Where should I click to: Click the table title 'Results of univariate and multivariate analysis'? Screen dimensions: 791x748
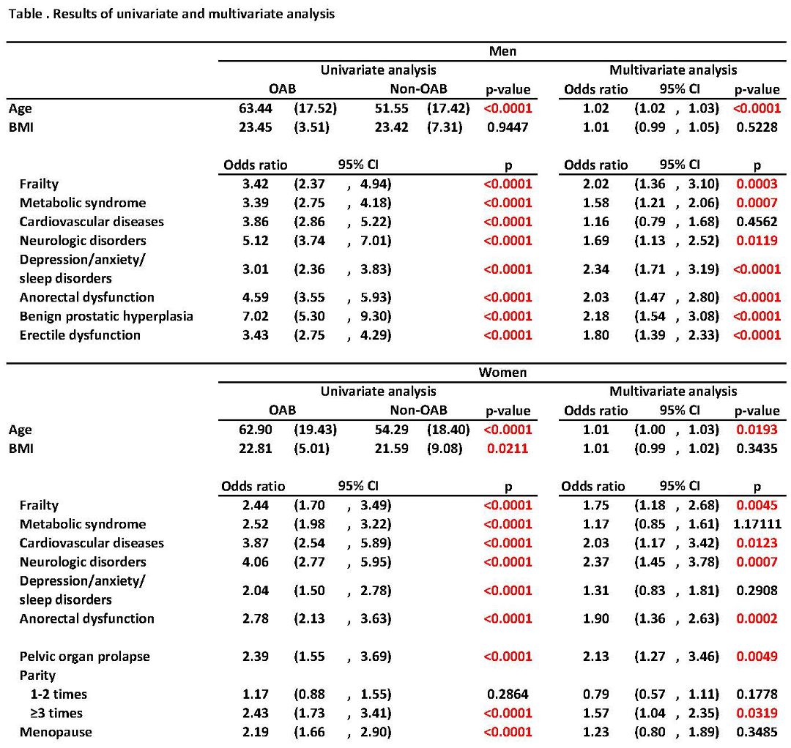[193, 14]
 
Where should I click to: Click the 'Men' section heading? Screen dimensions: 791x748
[502, 51]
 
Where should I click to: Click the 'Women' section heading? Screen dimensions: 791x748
[502, 373]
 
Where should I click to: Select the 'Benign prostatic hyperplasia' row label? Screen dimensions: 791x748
[106, 316]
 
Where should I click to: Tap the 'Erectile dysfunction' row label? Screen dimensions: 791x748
[80, 335]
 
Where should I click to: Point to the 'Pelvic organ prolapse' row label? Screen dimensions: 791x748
[85, 657]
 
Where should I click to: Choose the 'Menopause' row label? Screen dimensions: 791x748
[56, 733]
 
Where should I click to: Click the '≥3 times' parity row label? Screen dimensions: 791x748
[56, 713]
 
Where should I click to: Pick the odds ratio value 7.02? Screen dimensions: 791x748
[256, 316]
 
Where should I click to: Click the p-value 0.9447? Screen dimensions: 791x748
[508, 127]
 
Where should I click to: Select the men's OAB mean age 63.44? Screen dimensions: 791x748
[256, 108]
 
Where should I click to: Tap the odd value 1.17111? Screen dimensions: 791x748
[757, 524]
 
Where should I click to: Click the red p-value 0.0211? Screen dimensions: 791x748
[508, 449]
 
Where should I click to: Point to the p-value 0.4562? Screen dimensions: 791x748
[757, 222]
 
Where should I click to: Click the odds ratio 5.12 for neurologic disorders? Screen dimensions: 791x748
[256, 241]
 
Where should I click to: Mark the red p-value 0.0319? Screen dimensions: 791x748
[757, 713]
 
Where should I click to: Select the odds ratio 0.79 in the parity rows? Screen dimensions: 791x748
[595, 695]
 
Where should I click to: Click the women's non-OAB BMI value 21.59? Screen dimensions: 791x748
[391, 449]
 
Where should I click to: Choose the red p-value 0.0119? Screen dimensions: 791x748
[757, 241]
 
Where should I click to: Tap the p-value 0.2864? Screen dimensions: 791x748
[508, 695]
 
